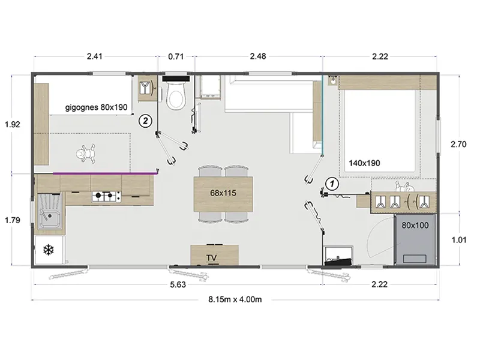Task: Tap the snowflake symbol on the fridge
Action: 49,250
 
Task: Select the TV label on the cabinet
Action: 212,258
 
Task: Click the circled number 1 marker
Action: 332,184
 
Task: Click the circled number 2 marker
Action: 145,121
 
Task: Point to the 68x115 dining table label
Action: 223,193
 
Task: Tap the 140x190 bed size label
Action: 364,163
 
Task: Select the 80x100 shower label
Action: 415,226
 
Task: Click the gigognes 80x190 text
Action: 96,107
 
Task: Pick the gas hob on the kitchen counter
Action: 107,197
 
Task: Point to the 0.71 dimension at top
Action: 176,56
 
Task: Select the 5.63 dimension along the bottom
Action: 178,284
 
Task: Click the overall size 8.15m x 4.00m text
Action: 235,299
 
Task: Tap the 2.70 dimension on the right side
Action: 458,144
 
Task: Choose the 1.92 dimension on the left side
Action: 13,124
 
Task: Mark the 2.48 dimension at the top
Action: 258,56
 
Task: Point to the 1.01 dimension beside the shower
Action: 459,240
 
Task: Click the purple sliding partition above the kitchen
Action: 104,173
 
